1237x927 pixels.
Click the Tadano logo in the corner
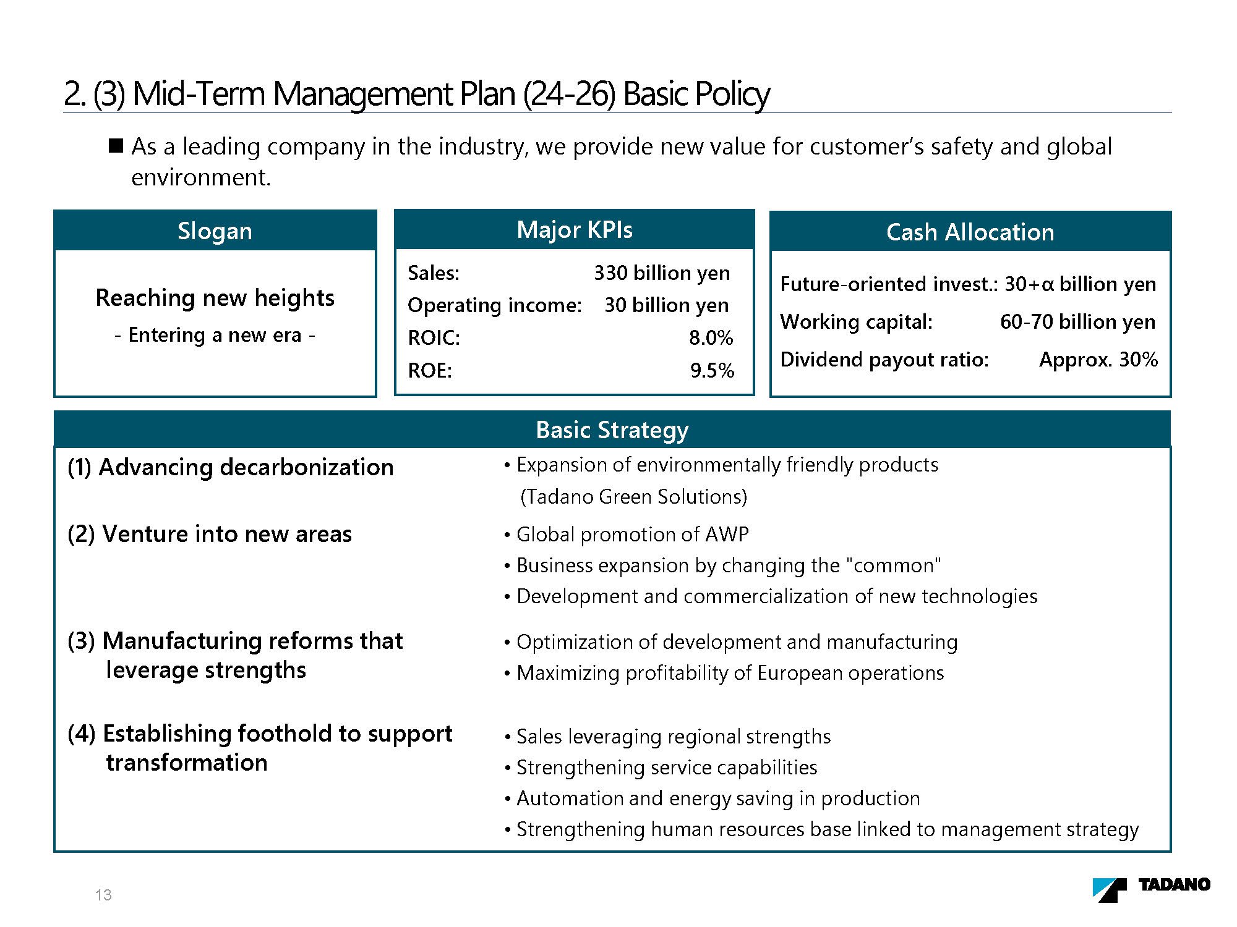(x=1151, y=889)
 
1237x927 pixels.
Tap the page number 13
(x=103, y=895)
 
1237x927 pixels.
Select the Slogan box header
(x=215, y=231)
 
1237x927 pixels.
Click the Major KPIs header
(x=575, y=230)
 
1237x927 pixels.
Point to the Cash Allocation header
(x=970, y=232)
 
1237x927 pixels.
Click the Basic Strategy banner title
(x=612, y=430)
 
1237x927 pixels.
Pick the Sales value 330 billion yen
(x=662, y=273)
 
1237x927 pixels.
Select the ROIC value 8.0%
(x=711, y=338)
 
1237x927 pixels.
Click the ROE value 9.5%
(x=712, y=371)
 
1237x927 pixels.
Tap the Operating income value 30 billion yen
(x=666, y=305)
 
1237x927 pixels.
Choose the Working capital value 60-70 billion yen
(x=1077, y=322)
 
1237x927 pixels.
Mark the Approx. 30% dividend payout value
(x=1098, y=360)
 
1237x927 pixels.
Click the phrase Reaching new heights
(x=215, y=298)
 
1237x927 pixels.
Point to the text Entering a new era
(x=215, y=335)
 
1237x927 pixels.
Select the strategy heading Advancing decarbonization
(x=246, y=467)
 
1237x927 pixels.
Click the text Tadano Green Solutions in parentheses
(x=634, y=497)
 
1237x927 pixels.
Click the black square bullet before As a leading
(x=116, y=146)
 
